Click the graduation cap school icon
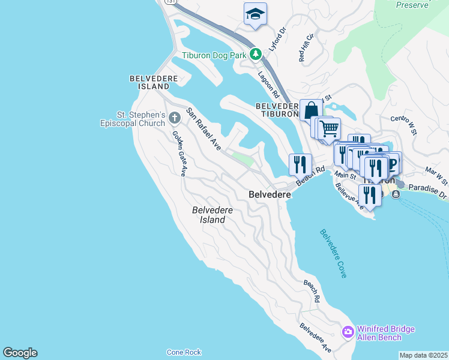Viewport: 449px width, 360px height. click(x=255, y=14)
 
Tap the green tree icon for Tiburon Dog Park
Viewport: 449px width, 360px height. click(x=256, y=54)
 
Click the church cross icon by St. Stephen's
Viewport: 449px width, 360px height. click(x=175, y=116)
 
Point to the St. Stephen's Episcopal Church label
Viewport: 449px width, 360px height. click(x=132, y=119)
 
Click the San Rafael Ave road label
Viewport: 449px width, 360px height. click(x=203, y=128)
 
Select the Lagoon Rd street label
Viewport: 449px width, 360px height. click(x=268, y=84)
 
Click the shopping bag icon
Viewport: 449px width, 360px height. click(x=311, y=110)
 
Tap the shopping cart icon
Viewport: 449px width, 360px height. click(x=329, y=128)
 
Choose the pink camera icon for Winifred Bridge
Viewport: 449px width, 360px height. click(x=348, y=332)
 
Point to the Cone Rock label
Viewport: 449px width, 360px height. click(x=184, y=352)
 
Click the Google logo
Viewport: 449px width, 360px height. click(x=20, y=353)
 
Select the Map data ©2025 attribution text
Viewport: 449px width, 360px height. click(x=423, y=355)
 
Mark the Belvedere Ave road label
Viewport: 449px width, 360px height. click(x=316, y=338)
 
